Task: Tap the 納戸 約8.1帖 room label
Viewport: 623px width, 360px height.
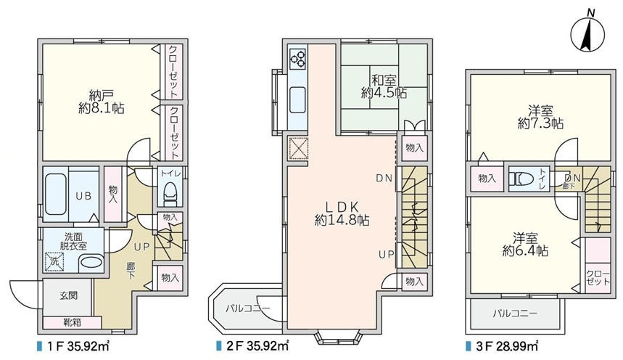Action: coord(102,102)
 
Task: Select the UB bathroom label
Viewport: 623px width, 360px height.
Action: coord(84,196)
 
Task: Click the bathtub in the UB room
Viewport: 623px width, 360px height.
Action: coord(56,195)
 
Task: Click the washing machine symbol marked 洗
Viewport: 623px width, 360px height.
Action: coord(54,262)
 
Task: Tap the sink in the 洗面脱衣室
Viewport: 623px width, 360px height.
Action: coord(91,263)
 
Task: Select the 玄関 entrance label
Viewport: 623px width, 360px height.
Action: coord(68,295)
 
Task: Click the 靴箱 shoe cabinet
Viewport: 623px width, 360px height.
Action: coord(72,322)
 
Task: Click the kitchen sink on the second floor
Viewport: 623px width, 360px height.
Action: coord(297,100)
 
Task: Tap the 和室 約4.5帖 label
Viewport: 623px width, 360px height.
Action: coord(384,86)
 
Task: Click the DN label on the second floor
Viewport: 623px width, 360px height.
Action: coord(384,179)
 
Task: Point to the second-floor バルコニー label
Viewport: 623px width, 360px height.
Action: coord(248,308)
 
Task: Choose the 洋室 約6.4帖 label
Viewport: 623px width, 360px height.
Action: coord(525,245)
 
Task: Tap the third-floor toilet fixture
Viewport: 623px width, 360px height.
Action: coord(521,179)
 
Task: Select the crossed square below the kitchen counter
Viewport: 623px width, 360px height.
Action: coord(297,147)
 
